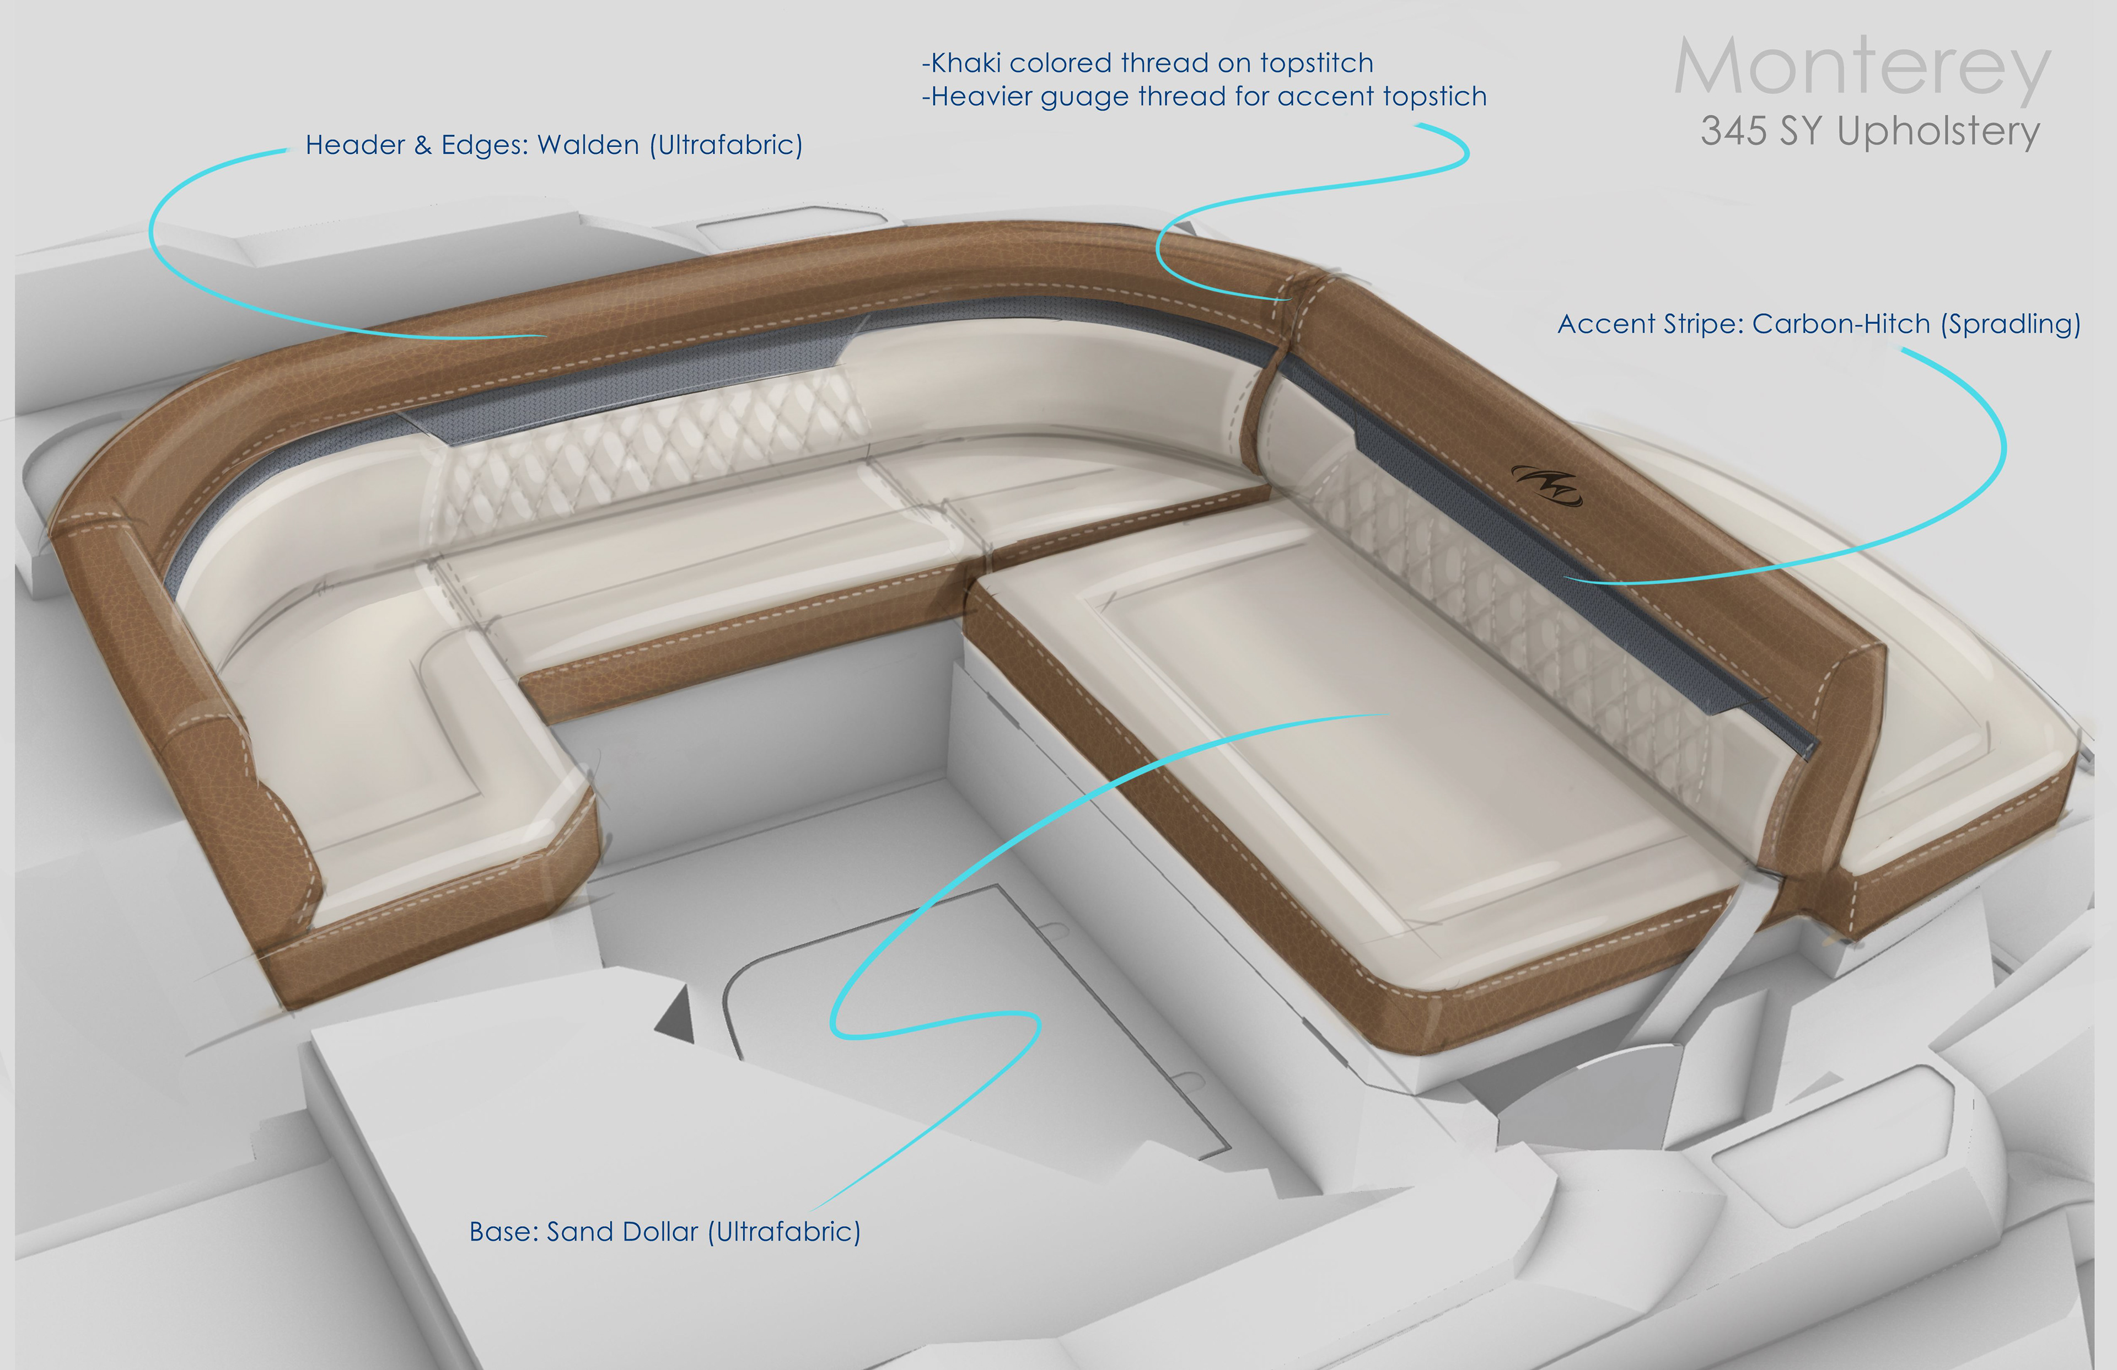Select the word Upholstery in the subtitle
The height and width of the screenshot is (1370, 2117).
(1938, 132)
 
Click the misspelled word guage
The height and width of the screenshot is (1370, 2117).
(1085, 97)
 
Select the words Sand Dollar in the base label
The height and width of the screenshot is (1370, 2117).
(622, 1232)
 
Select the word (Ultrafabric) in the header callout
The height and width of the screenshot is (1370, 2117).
(726, 145)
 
